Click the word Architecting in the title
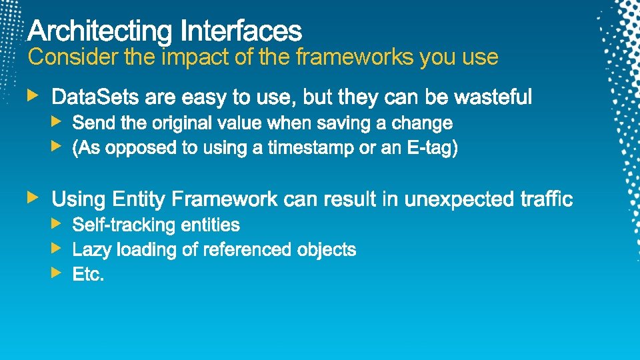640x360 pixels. (100, 31)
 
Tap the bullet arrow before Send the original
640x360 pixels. (57, 121)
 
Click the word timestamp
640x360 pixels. (311, 149)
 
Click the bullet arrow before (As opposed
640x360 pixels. (57, 145)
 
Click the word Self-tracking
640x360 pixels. (122, 225)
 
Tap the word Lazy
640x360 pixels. (92, 250)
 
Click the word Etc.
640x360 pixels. (88, 275)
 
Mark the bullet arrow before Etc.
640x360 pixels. (57, 272)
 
